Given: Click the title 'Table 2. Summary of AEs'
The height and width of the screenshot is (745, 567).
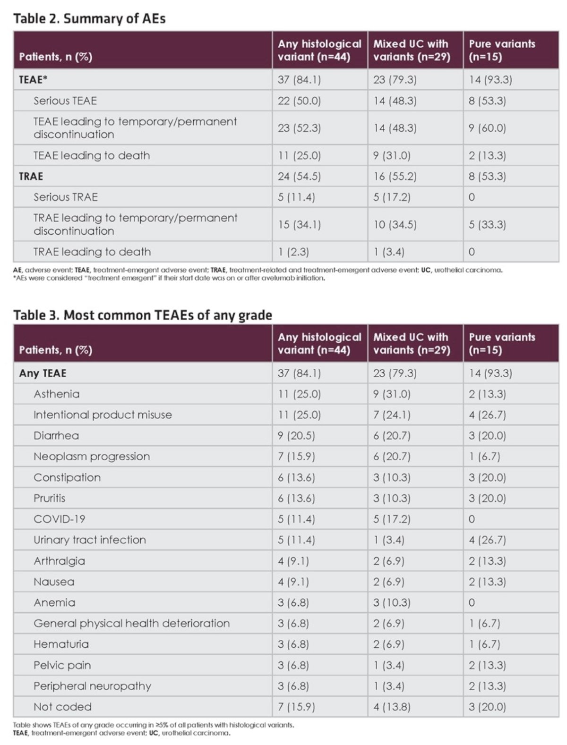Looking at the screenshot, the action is pos(89,18).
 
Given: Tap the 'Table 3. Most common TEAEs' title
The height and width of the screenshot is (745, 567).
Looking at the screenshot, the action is pos(143,315).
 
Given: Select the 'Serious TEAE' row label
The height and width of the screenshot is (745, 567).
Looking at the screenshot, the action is pos(65,101).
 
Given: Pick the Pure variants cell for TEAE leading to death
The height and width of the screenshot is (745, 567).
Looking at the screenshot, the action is pos(487,155).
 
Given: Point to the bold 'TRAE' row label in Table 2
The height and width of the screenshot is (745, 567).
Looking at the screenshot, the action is pos(31,176).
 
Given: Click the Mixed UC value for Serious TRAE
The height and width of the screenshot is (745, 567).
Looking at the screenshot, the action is pos(392,197).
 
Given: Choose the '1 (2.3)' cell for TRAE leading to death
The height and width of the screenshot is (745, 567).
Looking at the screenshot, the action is pos(293,252).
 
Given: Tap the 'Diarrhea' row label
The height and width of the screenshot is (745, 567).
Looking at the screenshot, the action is pos(56,435).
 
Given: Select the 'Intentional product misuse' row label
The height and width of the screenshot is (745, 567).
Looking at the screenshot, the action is pos(103,415).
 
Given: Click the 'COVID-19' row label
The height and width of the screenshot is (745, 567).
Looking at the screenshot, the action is pos(60,519).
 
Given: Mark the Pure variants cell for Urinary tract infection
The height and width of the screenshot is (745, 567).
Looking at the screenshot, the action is pos(487,540).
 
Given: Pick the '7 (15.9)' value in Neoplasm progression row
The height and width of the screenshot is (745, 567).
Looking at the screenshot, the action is pos(296,457).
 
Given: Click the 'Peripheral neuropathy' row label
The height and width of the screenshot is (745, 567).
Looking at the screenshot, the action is pos(92,686).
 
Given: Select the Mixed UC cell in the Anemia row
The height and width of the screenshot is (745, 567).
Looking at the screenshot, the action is pos(392,602).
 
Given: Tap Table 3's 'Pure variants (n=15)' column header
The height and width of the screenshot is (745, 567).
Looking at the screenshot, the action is pos(502,344).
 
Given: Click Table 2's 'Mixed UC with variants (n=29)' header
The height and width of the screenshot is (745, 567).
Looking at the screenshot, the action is pos(412,50).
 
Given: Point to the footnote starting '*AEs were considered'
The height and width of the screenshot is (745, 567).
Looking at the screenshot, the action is pos(169,279).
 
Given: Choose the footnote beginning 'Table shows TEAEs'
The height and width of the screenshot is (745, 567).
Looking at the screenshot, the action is pos(154,725).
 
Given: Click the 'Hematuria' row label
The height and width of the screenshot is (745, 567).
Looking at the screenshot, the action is pos(61,644).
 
